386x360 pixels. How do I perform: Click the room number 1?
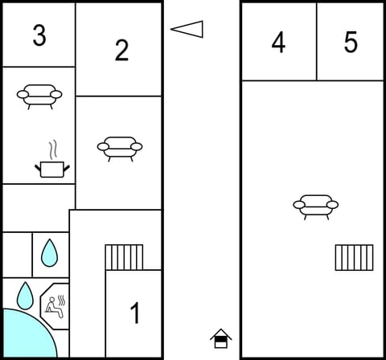pyautogui.click(x=135, y=313)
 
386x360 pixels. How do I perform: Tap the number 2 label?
pyautogui.click(x=121, y=50)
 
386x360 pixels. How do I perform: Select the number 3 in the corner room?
pyautogui.click(x=39, y=35)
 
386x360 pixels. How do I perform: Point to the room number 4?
pyautogui.click(x=278, y=43)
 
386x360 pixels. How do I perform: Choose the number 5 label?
pyautogui.click(x=351, y=43)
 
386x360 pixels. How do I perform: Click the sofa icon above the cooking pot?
pyautogui.click(x=39, y=96)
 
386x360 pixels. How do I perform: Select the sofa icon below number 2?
pyautogui.click(x=119, y=148)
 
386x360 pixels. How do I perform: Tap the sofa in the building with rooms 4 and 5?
pyautogui.click(x=315, y=206)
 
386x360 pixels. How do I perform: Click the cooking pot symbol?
pyautogui.click(x=52, y=168)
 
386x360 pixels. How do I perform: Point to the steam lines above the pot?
pyautogui.click(x=53, y=149)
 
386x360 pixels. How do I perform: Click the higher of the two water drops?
pyautogui.click(x=50, y=253)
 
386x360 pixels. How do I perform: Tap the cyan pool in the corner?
pyautogui.click(x=24, y=336)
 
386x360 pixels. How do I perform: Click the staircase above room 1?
pyautogui.click(x=124, y=257)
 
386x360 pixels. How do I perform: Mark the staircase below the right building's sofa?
pyautogui.click(x=354, y=257)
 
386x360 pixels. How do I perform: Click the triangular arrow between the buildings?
pyautogui.click(x=187, y=30)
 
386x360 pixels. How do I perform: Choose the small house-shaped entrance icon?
pyautogui.click(x=220, y=338)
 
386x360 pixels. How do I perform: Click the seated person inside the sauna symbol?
pyautogui.click(x=53, y=305)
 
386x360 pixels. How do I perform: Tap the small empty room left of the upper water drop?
pyautogui.click(x=16, y=254)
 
